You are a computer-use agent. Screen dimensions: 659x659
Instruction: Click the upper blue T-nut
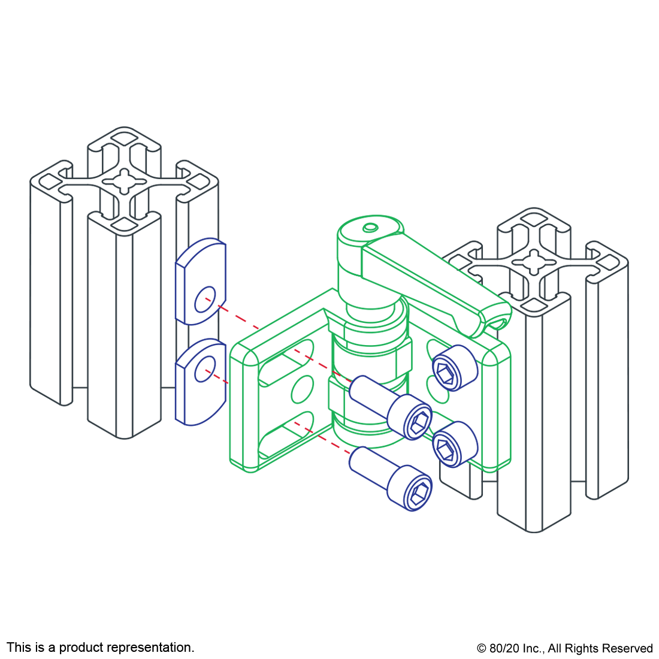(201, 282)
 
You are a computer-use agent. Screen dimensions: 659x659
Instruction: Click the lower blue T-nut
(201, 382)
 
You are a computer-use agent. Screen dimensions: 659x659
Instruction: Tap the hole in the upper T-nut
(205, 299)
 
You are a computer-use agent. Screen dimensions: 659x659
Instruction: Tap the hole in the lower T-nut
(205, 368)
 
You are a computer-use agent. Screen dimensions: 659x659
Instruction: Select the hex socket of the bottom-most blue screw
(420, 492)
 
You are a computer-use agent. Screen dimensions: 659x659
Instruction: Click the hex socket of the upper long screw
(420, 421)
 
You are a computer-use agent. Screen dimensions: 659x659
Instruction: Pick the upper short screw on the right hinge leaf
(455, 368)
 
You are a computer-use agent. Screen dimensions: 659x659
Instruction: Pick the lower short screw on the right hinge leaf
(455, 445)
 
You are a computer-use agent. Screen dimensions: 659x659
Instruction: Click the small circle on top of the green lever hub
(370, 228)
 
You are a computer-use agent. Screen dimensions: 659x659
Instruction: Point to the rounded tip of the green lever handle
(500, 319)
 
